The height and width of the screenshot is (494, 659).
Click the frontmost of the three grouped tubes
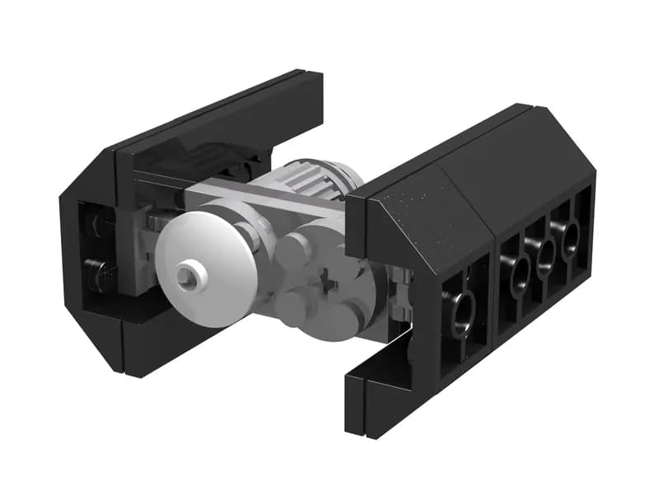(x=519, y=274)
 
